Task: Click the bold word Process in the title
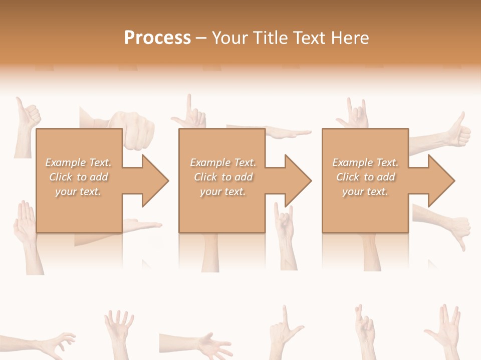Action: [x=157, y=38]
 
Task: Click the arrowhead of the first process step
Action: [x=155, y=180]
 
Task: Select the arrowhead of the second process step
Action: [x=298, y=180]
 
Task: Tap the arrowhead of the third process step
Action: [x=441, y=180]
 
